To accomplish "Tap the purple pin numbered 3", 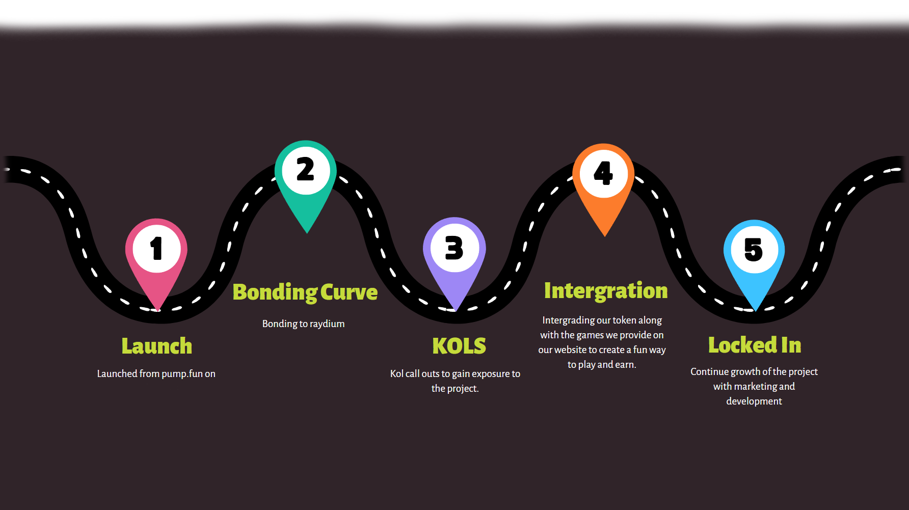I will [x=455, y=250].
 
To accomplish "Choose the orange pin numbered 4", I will [x=604, y=175].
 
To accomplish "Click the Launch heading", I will [x=157, y=346].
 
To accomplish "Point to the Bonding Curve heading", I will [x=305, y=292].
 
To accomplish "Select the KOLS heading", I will [x=459, y=346].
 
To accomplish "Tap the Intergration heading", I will [x=606, y=291].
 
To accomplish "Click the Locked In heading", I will [x=755, y=345].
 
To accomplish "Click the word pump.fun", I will [x=182, y=374].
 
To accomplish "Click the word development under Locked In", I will [x=754, y=401].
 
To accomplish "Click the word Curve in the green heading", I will [x=349, y=292].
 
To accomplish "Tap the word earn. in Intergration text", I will [x=626, y=365].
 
